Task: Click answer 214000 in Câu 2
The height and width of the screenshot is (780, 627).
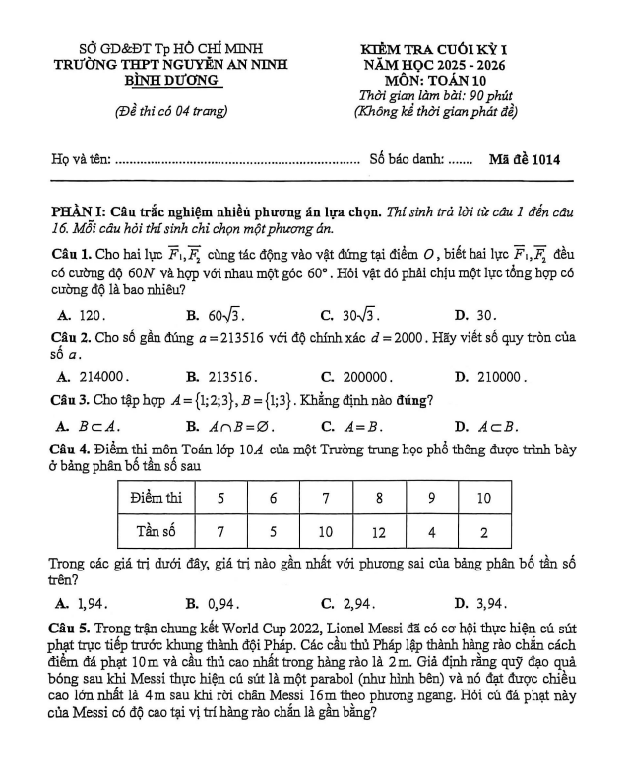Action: point(99,375)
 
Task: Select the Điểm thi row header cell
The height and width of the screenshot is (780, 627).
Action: point(157,499)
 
